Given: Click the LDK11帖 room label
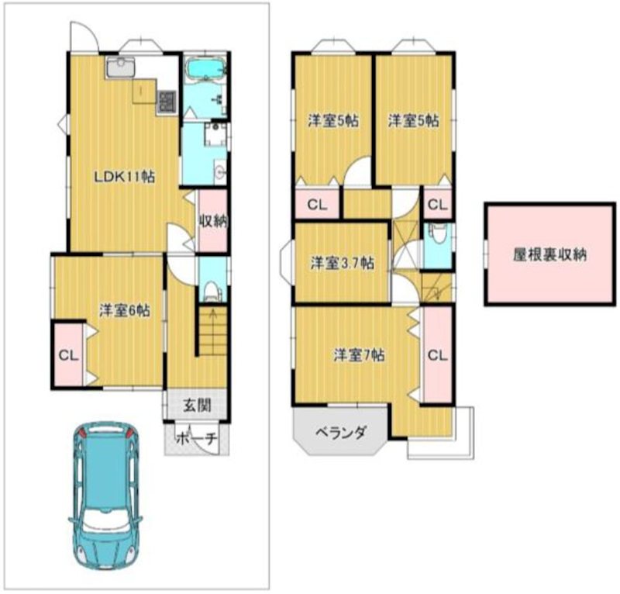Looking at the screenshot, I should click(124, 177).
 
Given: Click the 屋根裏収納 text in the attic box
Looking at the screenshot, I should click(549, 255).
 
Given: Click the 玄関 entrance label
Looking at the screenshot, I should click(197, 404).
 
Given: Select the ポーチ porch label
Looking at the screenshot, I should click(197, 438).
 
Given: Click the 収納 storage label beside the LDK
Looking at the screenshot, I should click(212, 221).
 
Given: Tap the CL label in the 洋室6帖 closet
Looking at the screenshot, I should click(68, 356).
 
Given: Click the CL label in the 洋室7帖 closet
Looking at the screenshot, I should click(436, 356).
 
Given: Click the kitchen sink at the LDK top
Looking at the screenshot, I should click(120, 68).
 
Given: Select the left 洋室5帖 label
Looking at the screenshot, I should click(332, 121).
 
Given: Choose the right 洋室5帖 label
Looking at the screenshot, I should click(413, 121).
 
